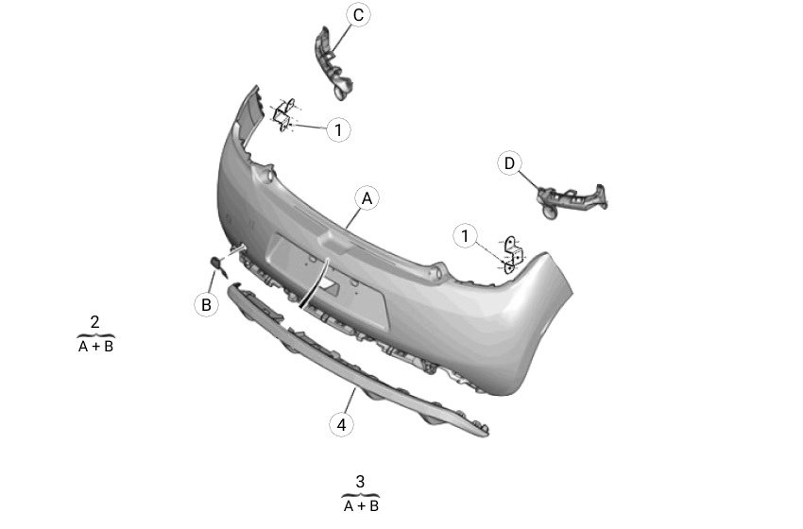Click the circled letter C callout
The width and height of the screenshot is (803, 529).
358,15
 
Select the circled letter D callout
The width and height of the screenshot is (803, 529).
509,163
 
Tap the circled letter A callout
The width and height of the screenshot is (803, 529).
367,198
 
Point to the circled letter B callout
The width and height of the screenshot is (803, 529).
206,305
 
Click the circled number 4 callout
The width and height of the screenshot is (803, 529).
341,424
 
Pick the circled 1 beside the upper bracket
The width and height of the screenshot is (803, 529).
338,129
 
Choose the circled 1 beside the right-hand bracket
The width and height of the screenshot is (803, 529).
465,236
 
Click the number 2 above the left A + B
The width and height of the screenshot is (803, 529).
94,322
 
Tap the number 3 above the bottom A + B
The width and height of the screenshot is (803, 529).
360,482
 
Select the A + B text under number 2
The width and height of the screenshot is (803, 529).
95,347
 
